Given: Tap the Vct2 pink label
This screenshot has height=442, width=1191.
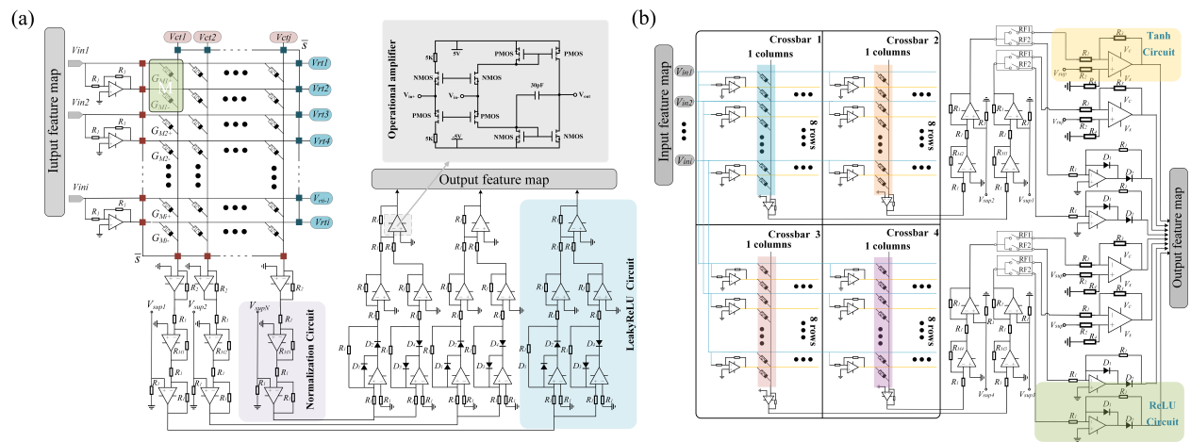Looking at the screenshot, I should (x=208, y=37).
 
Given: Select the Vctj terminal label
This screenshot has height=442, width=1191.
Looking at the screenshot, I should (x=283, y=37).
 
